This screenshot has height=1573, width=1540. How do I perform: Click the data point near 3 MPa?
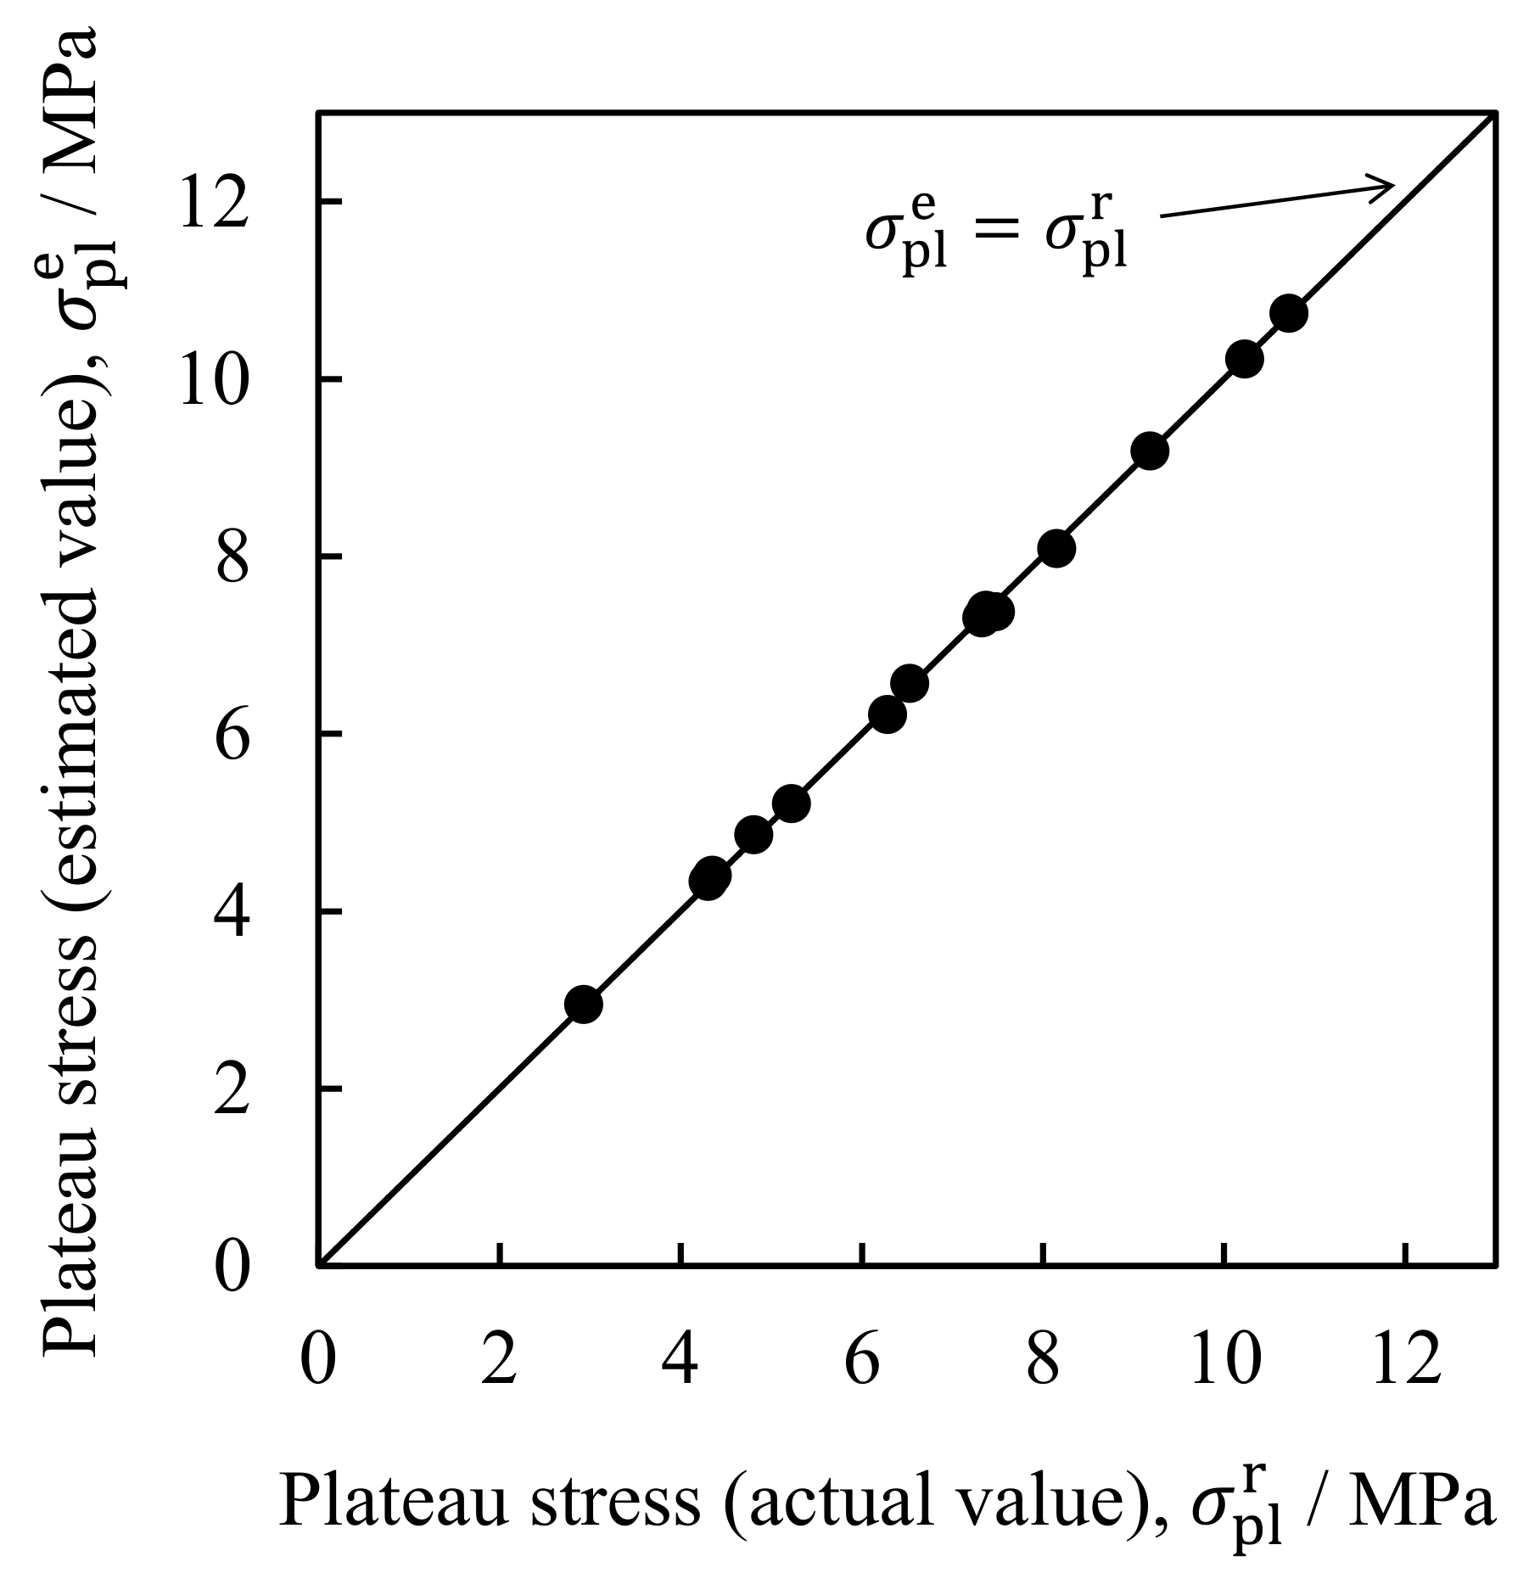click(584, 1005)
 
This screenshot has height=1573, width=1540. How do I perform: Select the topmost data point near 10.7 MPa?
click(1288, 314)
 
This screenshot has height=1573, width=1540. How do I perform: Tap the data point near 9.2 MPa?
click(1150, 451)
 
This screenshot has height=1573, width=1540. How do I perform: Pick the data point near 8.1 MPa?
click(1056, 549)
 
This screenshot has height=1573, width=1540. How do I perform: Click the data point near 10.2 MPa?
click(1244, 359)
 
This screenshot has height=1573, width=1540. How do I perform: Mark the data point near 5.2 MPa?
click(792, 803)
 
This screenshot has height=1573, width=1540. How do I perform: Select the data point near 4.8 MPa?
click(753, 835)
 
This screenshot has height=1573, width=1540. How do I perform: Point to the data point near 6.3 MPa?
click(888, 714)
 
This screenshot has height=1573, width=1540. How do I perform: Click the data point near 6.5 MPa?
click(910, 683)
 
